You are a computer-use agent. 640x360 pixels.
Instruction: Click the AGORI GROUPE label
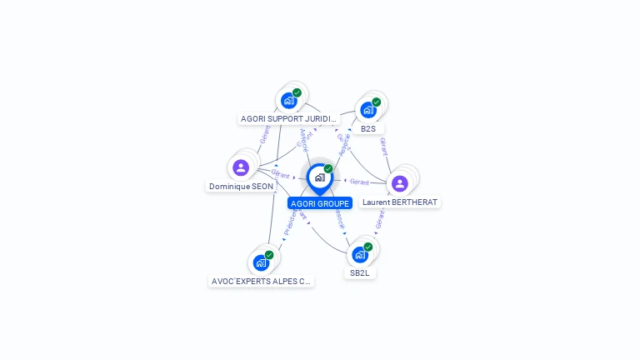(x=320, y=203)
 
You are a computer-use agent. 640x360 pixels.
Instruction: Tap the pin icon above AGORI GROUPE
(x=319, y=177)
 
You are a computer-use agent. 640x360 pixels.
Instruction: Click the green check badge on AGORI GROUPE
(x=328, y=169)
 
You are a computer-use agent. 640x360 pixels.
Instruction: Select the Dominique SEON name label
(x=241, y=187)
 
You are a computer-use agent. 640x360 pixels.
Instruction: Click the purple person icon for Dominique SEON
(x=241, y=167)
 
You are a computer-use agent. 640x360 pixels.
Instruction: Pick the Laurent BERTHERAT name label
(x=400, y=202)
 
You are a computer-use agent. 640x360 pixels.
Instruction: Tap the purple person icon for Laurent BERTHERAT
(x=400, y=183)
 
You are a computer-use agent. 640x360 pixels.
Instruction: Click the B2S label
(x=368, y=129)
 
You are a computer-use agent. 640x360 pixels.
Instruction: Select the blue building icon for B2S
(x=367, y=110)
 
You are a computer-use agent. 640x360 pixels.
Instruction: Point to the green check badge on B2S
(x=377, y=102)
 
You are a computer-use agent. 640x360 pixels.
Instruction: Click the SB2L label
(x=360, y=272)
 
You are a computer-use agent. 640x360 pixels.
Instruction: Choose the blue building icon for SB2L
(x=359, y=254)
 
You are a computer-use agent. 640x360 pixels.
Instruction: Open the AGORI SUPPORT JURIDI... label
(x=289, y=119)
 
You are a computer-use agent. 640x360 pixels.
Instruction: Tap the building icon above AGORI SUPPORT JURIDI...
(x=288, y=101)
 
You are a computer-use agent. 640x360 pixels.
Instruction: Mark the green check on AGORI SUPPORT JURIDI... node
(x=297, y=92)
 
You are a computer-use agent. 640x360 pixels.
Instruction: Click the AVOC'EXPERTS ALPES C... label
(x=262, y=282)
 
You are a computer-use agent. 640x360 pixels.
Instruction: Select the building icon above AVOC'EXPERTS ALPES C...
(x=261, y=262)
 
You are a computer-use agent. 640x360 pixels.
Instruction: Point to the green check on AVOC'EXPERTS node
(x=269, y=255)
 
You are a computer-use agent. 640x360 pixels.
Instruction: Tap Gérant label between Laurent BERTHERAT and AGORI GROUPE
(x=359, y=182)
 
